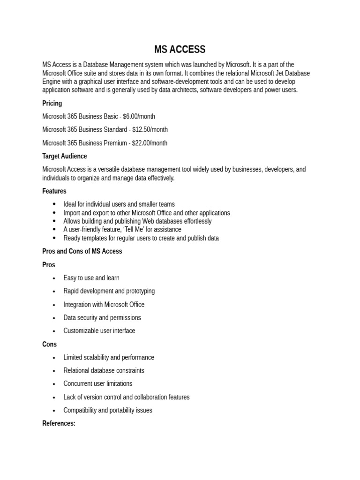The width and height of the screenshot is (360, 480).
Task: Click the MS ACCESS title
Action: click(180, 49)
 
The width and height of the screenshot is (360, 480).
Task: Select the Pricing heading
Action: click(52, 103)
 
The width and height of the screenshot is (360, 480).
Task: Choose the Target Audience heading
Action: click(65, 156)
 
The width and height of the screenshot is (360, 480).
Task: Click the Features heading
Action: click(54, 191)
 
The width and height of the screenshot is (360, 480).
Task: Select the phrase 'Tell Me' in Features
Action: click(140, 229)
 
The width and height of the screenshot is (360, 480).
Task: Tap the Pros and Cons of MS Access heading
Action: click(82, 251)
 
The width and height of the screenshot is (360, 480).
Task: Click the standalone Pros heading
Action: click(49, 264)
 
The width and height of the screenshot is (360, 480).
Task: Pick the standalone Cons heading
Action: click(49, 344)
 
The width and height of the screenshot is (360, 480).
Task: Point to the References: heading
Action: click(59, 423)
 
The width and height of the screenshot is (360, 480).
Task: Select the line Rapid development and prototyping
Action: click(109, 291)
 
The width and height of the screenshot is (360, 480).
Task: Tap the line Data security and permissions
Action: click(102, 317)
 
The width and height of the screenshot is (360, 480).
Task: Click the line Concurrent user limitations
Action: click(98, 383)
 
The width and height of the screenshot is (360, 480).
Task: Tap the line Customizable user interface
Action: click(99, 330)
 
